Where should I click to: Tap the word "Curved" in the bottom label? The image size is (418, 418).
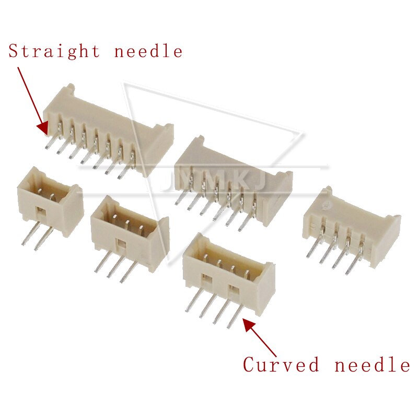[x=281, y=364]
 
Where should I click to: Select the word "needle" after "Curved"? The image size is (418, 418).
[x=372, y=364]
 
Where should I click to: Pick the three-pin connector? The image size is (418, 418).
[x=129, y=230]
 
